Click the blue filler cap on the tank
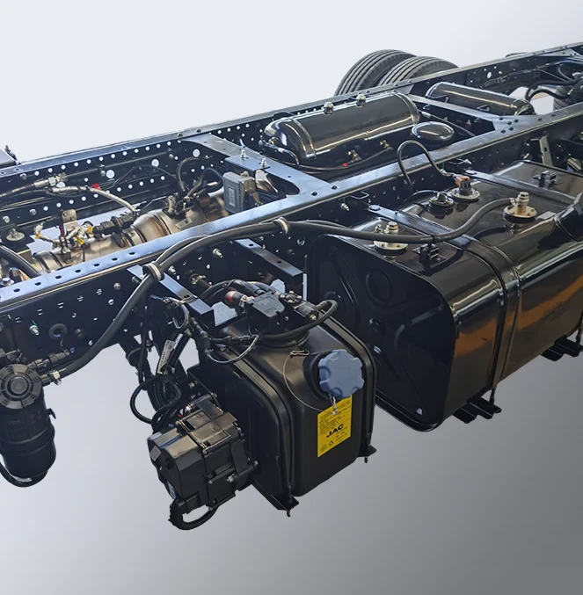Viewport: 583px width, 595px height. tap(339, 373)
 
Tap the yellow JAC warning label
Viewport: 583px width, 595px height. tap(333, 426)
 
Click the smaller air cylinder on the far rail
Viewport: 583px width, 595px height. tap(480, 98)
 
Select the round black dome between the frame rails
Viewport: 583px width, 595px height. tap(434, 132)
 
